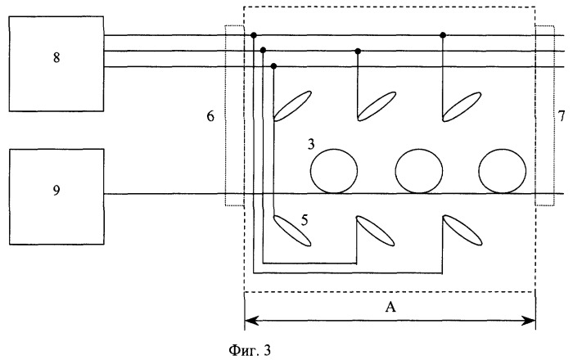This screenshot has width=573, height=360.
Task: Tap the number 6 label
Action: tap(210, 116)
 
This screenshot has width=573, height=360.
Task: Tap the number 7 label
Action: tap(562, 116)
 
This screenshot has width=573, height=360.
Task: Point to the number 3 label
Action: tap(310, 145)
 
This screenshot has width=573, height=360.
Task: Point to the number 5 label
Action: tap(305, 220)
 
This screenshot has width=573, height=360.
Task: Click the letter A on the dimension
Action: tap(390, 307)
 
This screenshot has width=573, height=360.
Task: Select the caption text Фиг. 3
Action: tap(250, 350)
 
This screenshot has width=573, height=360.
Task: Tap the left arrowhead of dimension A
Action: tap(249, 321)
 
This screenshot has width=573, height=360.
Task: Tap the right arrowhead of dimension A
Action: tap(530, 321)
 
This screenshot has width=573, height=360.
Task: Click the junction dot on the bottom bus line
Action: tap(274, 66)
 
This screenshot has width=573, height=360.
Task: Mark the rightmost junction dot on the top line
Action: tap(443, 35)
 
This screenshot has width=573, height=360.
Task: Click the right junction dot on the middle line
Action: tap(359, 51)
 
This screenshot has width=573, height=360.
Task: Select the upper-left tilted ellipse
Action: tap(292, 106)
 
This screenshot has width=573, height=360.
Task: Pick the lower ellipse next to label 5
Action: tap(292, 231)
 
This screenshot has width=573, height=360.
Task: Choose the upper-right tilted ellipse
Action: tap(462, 106)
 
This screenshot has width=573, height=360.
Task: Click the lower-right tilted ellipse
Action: tap(462, 231)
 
